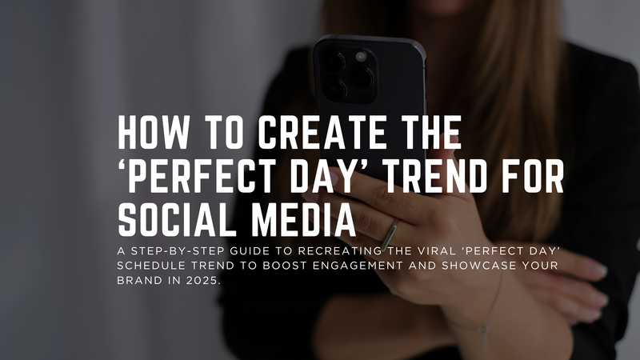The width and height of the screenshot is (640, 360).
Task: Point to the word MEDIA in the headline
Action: click(305, 218)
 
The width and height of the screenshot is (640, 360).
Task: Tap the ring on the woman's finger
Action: click(389, 234)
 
